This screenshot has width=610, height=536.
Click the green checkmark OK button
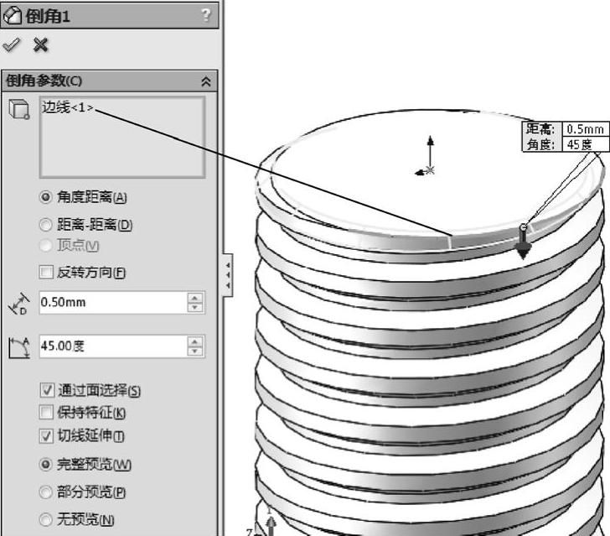12,44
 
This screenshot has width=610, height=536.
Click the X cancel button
39,44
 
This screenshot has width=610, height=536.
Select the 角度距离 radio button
46,198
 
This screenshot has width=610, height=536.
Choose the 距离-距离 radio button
46,225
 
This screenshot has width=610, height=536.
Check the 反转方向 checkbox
46,272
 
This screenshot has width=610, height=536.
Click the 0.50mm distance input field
111,303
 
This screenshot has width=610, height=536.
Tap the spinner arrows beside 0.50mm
196,303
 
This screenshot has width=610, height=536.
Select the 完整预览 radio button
46,465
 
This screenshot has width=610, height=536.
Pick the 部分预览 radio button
46,492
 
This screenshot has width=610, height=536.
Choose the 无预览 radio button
46,520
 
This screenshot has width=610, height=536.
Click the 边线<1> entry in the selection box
68,109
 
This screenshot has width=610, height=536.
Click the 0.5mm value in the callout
585,129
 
